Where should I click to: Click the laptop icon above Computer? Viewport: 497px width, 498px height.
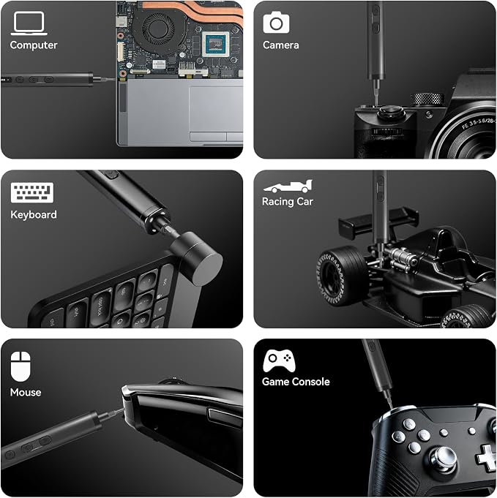point(29,23)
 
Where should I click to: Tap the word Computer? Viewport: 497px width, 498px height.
point(34,45)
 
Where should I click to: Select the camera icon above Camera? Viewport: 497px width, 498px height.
point(276,22)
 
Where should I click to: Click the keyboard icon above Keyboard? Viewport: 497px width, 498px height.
point(32,192)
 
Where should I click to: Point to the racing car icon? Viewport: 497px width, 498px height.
point(288,186)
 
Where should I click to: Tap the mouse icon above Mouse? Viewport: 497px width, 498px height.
point(20,366)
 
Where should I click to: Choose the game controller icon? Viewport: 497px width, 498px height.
point(279,361)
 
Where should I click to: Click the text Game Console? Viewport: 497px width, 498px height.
point(296,382)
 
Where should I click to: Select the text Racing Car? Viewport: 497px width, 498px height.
point(288,202)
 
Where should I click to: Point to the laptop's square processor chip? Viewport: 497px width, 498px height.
point(216,44)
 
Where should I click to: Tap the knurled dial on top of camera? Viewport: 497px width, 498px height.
point(427,99)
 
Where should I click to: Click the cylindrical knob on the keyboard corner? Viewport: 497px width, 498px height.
point(196,257)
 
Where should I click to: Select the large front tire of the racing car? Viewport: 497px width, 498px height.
point(341,276)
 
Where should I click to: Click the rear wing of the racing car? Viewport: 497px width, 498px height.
point(378,222)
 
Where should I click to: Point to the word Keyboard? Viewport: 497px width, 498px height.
point(34,215)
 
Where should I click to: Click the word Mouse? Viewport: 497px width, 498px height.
point(26,393)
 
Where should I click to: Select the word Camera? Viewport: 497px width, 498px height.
point(281,45)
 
